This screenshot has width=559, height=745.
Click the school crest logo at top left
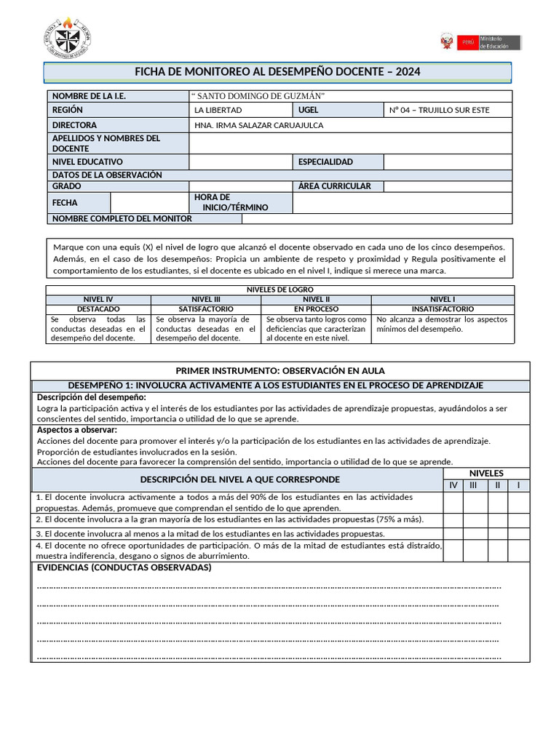point(68,38)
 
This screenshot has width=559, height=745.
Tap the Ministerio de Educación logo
point(481,41)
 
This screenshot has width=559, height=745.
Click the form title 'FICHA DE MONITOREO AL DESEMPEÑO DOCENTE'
point(278,72)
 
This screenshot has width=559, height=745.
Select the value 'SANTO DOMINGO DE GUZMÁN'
point(258,97)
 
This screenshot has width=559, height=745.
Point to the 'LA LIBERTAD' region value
point(218,111)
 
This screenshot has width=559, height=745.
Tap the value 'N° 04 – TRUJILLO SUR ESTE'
point(440,111)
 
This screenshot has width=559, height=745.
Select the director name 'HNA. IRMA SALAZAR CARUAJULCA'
point(259,125)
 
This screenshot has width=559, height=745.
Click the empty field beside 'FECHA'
point(149,202)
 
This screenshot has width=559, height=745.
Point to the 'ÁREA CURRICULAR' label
point(334,186)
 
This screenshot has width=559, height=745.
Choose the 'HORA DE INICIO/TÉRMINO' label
point(231,202)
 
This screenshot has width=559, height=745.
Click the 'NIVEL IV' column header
point(98,299)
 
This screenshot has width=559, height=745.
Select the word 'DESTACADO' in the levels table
point(98,309)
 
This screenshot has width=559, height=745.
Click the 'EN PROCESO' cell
point(316,309)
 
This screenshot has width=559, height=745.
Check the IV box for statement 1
point(453,502)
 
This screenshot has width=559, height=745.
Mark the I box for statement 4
point(518,551)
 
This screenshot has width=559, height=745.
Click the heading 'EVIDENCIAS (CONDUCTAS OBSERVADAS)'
point(124,567)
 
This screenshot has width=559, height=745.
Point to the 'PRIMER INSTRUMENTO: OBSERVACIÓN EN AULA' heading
point(280,370)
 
